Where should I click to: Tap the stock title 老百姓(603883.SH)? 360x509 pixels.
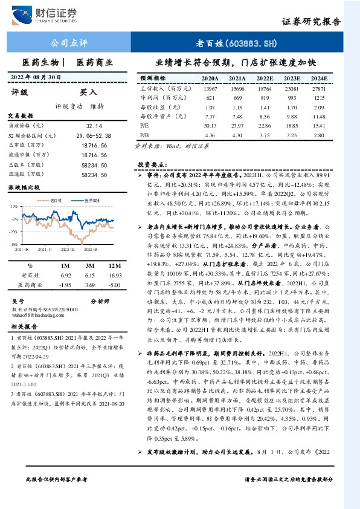tap(237, 43)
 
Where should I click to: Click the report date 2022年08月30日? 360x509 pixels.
tap(37, 77)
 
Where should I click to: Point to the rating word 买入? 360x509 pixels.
tap(89, 92)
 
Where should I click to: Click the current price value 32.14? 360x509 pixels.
tap(97, 125)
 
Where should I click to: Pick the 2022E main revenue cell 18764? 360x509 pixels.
tap(265, 88)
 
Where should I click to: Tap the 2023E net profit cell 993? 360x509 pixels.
tap(292, 97)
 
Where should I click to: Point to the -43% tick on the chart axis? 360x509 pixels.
tap(13, 244)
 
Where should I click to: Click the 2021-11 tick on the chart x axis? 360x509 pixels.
tap(45, 248)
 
